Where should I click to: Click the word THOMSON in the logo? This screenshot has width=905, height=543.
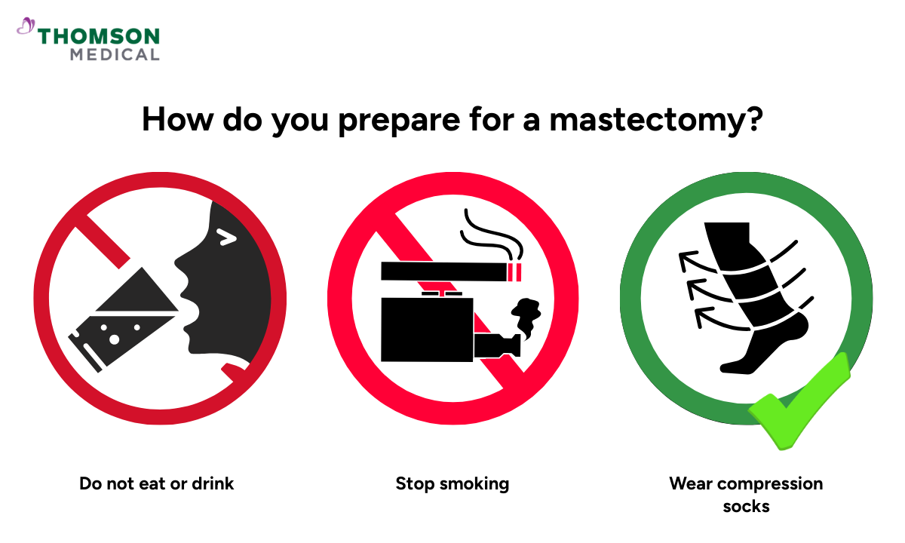click(x=99, y=36)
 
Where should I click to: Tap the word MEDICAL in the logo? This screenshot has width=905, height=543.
click(x=115, y=54)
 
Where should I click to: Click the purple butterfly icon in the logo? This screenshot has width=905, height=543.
click(x=26, y=28)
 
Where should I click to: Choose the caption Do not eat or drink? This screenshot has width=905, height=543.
click(x=157, y=483)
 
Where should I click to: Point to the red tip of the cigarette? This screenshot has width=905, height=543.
click(x=516, y=271)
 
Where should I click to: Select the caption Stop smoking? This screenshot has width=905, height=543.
click(x=452, y=483)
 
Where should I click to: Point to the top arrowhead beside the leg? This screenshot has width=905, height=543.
click(x=686, y=260)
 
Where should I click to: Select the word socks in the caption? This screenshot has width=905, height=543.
click(x=746, y=506)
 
